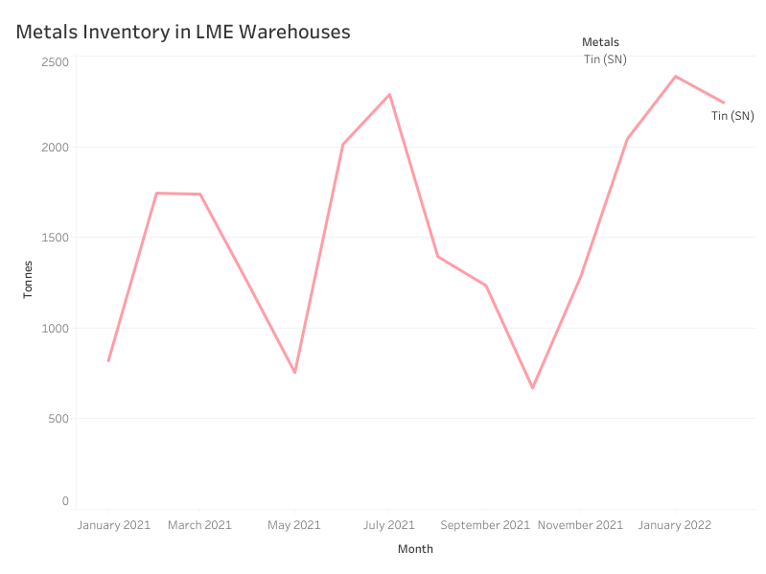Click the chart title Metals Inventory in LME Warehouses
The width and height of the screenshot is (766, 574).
pyautogui.click(x=183, y=32)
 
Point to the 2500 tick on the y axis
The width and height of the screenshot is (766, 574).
pyautogui.click(x=56, y=61)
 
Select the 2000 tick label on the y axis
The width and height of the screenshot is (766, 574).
pyautogui.click(x=56, y=148)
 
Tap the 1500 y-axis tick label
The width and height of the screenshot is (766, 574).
pyautogui.click(x=56, y=238)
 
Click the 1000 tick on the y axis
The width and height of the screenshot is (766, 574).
pyautogui.click(x=56, y=329)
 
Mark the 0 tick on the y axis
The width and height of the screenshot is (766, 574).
pyautogui.click(x=65, y=501)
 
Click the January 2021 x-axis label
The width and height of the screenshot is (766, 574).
pyautogui.click(x=114, y=525)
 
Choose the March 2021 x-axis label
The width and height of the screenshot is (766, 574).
pyautogui.click(x=199, y=525)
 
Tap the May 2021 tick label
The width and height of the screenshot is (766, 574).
pyautogui.click(x=294, y=525)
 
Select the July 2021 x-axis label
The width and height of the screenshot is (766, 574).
pyautogui.click(x=389, y=525)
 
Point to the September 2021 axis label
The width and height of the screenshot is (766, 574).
pyautogui.click(x=485, y=525)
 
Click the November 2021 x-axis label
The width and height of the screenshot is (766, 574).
pyautogui.click(x=580, y=525)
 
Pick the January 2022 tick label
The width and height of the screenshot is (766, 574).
pyautogui.click(x=675, y=525)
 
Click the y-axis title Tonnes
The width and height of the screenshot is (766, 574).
pyautogui.click(x=29, y=279)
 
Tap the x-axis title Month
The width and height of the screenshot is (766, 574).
pyautogui.click(x=415, y=549)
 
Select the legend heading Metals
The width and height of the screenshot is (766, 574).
pyautogui.click(x=600, y=42)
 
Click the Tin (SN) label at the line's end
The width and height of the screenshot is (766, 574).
pyautogui.click(x=732, y=116)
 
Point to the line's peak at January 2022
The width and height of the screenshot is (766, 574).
pyautogui.click(x=676, y=77)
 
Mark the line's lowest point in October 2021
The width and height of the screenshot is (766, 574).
pyautogui.click(x=532, y=387)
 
